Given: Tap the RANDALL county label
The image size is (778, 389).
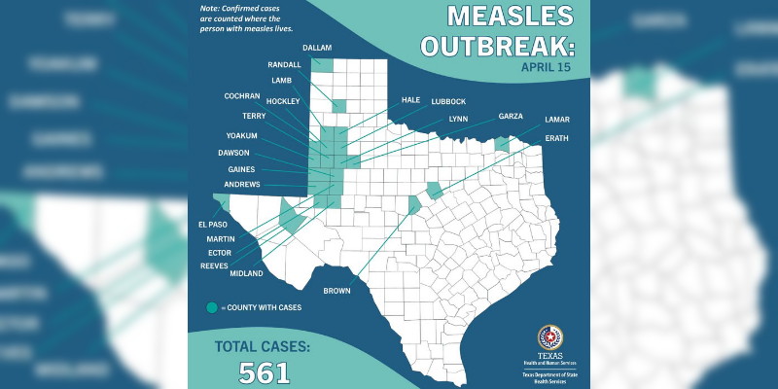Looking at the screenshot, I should (284, 64).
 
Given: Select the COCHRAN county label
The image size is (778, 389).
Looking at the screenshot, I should (241, 96).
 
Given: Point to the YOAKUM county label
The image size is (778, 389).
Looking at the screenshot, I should (241, 135).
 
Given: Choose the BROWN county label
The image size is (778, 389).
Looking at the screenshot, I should (336, 289).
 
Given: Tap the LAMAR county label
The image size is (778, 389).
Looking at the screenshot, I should (557, 119).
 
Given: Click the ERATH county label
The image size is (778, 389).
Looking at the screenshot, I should (557, 138).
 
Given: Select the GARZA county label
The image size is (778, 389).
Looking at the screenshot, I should (511, 116).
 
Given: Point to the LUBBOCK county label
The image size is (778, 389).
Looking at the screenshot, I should (448, 101).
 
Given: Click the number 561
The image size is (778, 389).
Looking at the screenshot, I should (264, 371).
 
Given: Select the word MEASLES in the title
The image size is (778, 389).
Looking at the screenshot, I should (510, 16).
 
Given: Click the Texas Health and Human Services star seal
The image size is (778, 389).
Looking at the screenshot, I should (549, 337).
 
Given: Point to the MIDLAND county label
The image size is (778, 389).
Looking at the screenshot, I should (247, 274).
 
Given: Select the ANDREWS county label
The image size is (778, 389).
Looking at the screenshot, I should (241, 184).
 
